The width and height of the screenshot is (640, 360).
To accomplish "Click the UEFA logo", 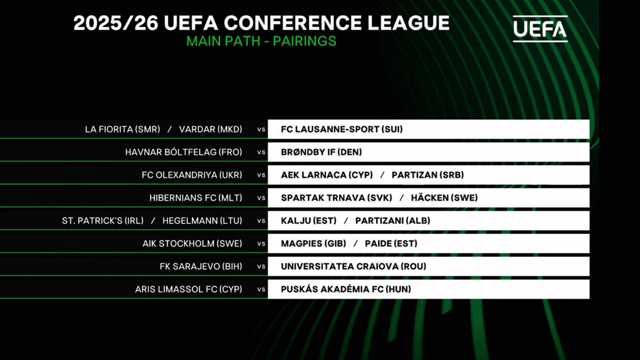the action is click(x=540, y=29).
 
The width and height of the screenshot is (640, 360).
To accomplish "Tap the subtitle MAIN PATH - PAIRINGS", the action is click(x=261, y=41).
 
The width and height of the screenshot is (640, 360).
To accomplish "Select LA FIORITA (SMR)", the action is click(x=123, y=129).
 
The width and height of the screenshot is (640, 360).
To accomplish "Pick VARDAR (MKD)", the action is click(x=211, y=129).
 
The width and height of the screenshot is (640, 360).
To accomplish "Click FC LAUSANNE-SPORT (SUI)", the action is click(x=342, y=129).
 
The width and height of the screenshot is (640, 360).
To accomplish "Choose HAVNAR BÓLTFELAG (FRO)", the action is click(x=184, y=152).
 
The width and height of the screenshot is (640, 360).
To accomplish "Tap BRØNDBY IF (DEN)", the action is click(x=321, y=152).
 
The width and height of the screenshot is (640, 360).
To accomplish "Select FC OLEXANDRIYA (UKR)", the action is click(x=192, y=175).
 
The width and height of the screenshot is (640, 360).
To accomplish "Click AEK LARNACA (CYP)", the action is click(x=327, y=175).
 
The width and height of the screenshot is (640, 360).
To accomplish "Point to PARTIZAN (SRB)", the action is click(x=428, y=175).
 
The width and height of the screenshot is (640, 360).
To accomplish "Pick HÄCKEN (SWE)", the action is click(x=444, y=198).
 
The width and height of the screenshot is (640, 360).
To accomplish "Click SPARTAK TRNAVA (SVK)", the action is click(x=336, y=198).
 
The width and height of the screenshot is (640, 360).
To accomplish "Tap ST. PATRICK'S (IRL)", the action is click(x=103, y=221).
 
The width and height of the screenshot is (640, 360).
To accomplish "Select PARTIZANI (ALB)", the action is click(x=393, y=221).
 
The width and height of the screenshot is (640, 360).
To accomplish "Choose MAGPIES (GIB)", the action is click(x=314, y=244).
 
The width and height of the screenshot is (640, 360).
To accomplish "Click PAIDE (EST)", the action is click(x=391, y=244).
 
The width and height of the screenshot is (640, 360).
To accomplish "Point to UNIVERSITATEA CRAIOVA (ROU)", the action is click(x=353, y=267).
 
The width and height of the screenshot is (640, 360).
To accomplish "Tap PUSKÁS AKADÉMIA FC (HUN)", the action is click(x=346, y=289).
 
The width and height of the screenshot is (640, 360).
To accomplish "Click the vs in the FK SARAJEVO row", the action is click(x=261, y=267).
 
